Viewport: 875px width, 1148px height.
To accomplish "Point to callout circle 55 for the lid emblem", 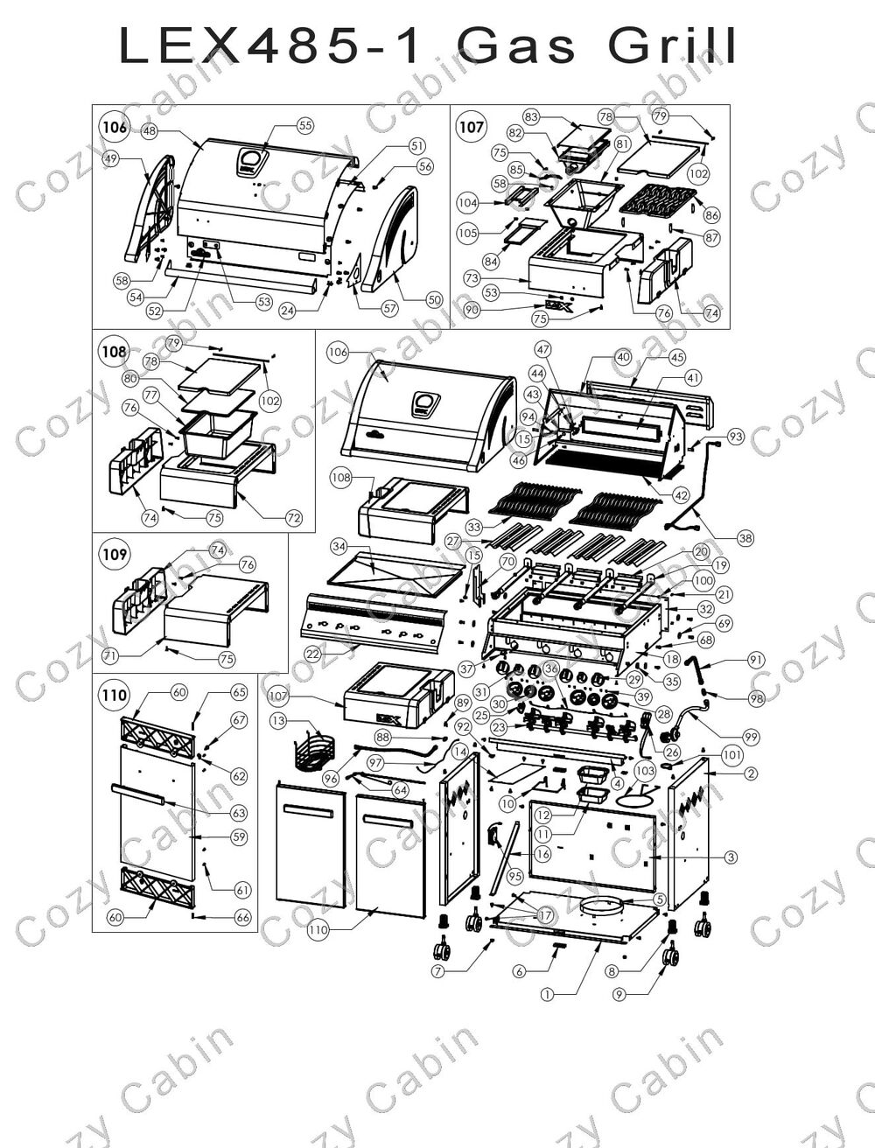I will point(304,125).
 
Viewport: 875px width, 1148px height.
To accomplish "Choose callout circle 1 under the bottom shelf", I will point(547,994).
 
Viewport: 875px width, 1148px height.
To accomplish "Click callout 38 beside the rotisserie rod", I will point(745,540).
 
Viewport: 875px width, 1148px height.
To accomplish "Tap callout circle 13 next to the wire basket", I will point(278,720).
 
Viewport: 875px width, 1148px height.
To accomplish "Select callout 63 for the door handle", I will point(239,813).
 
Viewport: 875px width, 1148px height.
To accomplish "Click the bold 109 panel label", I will point(115,554).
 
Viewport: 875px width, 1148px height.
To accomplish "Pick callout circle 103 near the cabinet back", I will point(645,771).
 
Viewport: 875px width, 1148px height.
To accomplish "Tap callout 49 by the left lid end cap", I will point(111,159).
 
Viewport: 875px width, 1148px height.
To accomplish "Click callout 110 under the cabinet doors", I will point(318,930).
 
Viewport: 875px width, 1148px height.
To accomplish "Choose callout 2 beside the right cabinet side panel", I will point(751,773).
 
